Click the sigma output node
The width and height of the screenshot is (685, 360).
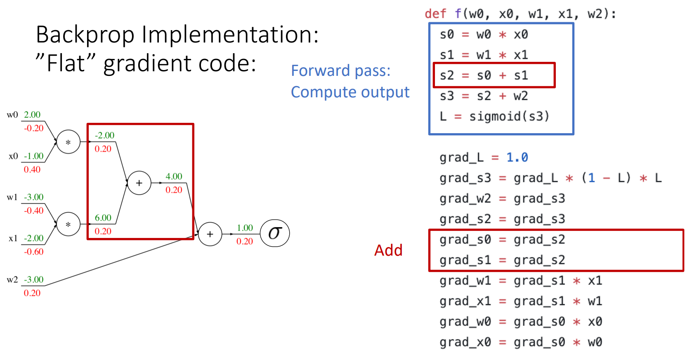click(275, 233)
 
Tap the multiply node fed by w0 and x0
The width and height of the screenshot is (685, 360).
click(68, 142)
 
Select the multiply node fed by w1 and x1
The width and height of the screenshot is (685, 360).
click(68, 224)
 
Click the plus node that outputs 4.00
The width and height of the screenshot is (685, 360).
click(139, 183)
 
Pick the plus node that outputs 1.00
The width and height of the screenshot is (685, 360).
click(210, 234)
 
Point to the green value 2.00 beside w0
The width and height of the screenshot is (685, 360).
click(32, 115)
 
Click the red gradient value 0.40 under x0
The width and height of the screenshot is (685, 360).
click(32, 169)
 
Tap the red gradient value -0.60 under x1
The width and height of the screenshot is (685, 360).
click(33, 252)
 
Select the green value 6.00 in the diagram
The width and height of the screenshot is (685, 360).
click(103, 218)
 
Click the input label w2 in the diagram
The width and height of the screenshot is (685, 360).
click(12, 280)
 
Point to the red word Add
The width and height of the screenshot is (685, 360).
click(388, 250)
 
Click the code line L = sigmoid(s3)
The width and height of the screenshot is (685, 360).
click(494, 117)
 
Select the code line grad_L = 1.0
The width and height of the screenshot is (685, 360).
click(484, 158)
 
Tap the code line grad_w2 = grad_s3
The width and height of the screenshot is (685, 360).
click(502, 199)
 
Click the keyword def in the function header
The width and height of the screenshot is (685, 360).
click(435, 14)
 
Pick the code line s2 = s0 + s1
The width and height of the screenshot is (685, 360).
click(484, 75)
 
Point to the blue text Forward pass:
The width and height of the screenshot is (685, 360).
click(340, 71)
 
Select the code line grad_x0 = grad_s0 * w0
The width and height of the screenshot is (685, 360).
click(520, 342)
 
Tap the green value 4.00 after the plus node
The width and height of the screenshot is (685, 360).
click(174, 176)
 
